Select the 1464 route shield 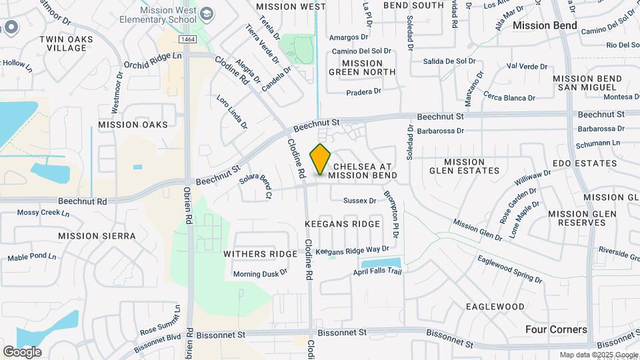tap(187, 40)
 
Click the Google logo tap(22, 351)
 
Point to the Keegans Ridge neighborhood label tap(342, 224)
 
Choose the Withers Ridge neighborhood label tap(259, 254)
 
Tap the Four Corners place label tap(556, 329)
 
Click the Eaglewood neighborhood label tap(495, 306)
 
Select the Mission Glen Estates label tap(465, 166)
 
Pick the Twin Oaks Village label tap(66, 44)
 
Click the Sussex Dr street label tap(360, 200)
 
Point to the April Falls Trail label tap(378, 273)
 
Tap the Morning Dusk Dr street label tap(260, 273)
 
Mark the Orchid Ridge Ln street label tap(153, 60)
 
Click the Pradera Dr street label tap(363, 91)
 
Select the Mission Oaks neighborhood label tap(133, 124)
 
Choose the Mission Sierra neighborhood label tap(97, 236)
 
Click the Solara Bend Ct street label tap(256, 186)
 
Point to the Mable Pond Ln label tap(32, 257)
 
